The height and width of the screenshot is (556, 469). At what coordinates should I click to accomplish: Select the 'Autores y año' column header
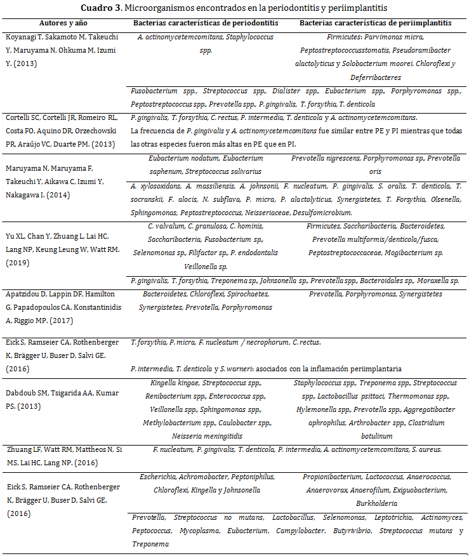pyautogui.click(x=62, y=23)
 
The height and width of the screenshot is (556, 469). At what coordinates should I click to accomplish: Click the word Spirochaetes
pyautogui.click(x=249, y=295)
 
